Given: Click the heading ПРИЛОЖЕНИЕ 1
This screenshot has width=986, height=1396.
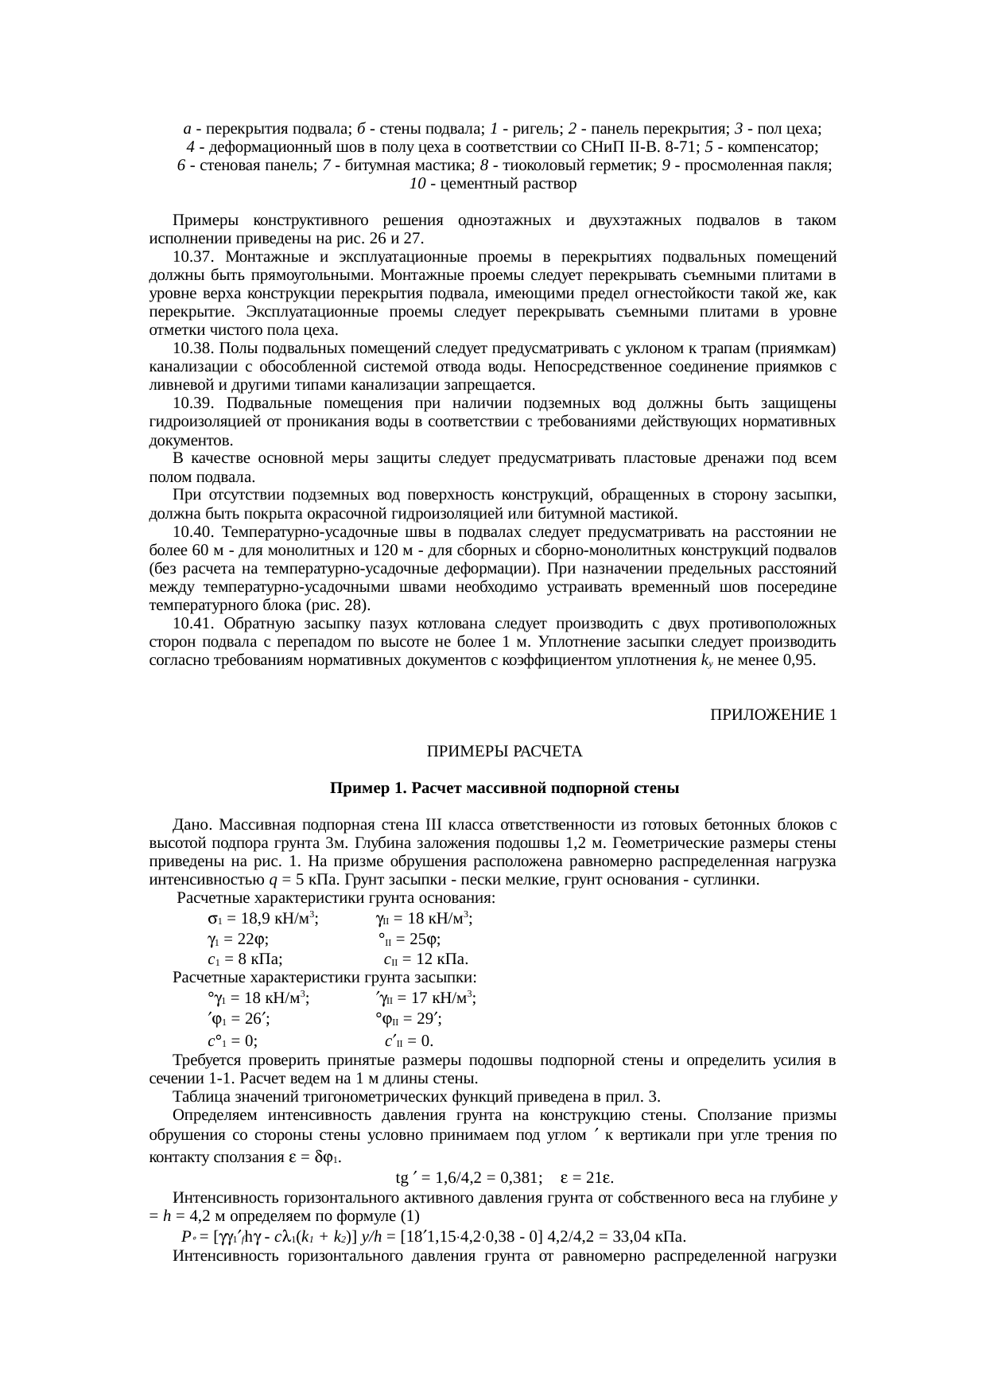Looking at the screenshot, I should coord(772,715).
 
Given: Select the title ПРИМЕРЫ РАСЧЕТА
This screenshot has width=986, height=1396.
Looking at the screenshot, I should coord(504,752).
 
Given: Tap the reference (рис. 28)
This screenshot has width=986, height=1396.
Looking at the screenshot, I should coord(336,605).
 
